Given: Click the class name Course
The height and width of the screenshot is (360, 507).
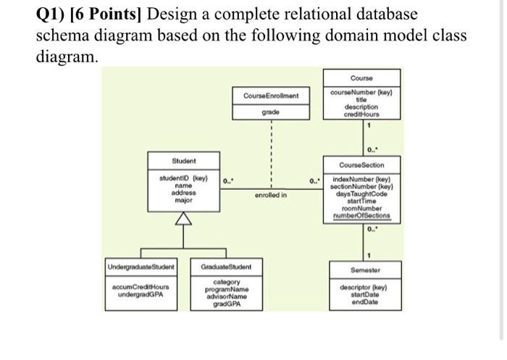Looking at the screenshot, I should (360, 78).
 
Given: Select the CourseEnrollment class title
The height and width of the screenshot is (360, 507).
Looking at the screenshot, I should (271, 96).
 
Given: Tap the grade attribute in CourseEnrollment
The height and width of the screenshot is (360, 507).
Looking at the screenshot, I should (271, 112).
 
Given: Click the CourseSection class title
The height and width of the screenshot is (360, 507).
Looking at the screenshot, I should (360, 164).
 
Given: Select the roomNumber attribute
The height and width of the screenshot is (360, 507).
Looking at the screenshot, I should (360, 208).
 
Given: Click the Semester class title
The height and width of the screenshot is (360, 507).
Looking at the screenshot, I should (360, 269).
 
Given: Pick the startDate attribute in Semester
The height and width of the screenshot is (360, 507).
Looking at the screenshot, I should (360, 295).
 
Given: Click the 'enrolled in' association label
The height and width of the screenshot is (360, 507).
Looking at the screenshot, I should (271, 196).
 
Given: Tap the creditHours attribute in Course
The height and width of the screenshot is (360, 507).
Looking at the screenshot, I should (360, 114).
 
